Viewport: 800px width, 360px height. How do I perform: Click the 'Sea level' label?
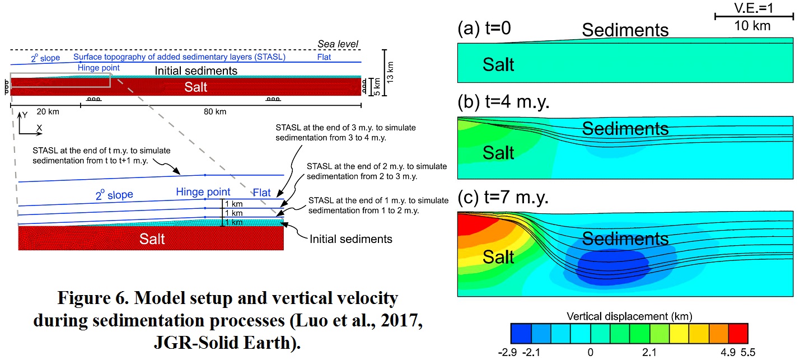click(338, 44)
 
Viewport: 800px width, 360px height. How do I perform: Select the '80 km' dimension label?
click(215, 111)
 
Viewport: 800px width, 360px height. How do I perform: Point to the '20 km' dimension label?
click(47, 111)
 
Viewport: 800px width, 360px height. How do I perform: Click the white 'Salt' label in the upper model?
click(196, 87)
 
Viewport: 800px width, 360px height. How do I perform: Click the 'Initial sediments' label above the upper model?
click(196, 71)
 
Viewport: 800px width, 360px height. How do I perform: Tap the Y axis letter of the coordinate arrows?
click(24, 115)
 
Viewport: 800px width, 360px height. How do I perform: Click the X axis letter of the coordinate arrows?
click(39, 128)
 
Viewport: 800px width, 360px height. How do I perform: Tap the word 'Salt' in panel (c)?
click(498, 257)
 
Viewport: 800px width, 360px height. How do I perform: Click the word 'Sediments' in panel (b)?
click(625, 129)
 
